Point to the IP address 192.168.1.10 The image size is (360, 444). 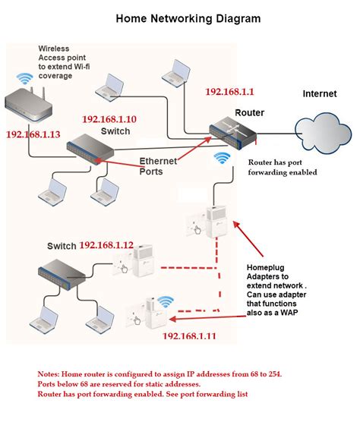point(109,119)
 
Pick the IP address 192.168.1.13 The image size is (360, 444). point(33,134)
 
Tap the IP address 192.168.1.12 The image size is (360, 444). point(106,245)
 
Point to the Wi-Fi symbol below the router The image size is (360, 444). point(223,159)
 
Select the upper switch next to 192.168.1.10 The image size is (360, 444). point(90,149)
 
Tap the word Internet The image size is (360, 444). point(320,94)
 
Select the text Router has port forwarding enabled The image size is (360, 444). point(283,167)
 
